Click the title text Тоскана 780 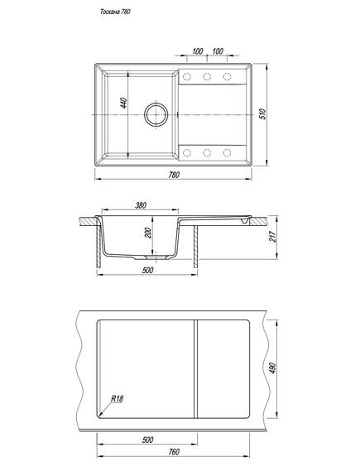click(115, 12)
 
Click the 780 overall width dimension click(174, 175)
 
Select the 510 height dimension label click(262, 114)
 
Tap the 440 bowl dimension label click(124, 103)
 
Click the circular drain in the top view click(156, 115)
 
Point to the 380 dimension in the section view click(141, 205)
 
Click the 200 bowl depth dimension click(149, 233)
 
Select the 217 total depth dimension click(273, 237)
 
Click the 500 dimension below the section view click(147, 271)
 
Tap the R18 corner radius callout click(117, 399)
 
